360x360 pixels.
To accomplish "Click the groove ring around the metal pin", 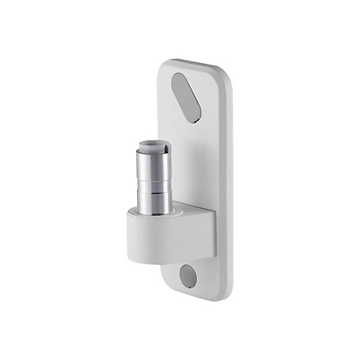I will [x=154, y=191].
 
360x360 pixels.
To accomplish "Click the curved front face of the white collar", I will [x=149, y=239].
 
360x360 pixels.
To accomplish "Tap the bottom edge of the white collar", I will [x=153, y=258].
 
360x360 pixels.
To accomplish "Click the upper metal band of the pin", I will [x=154, y=165].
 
